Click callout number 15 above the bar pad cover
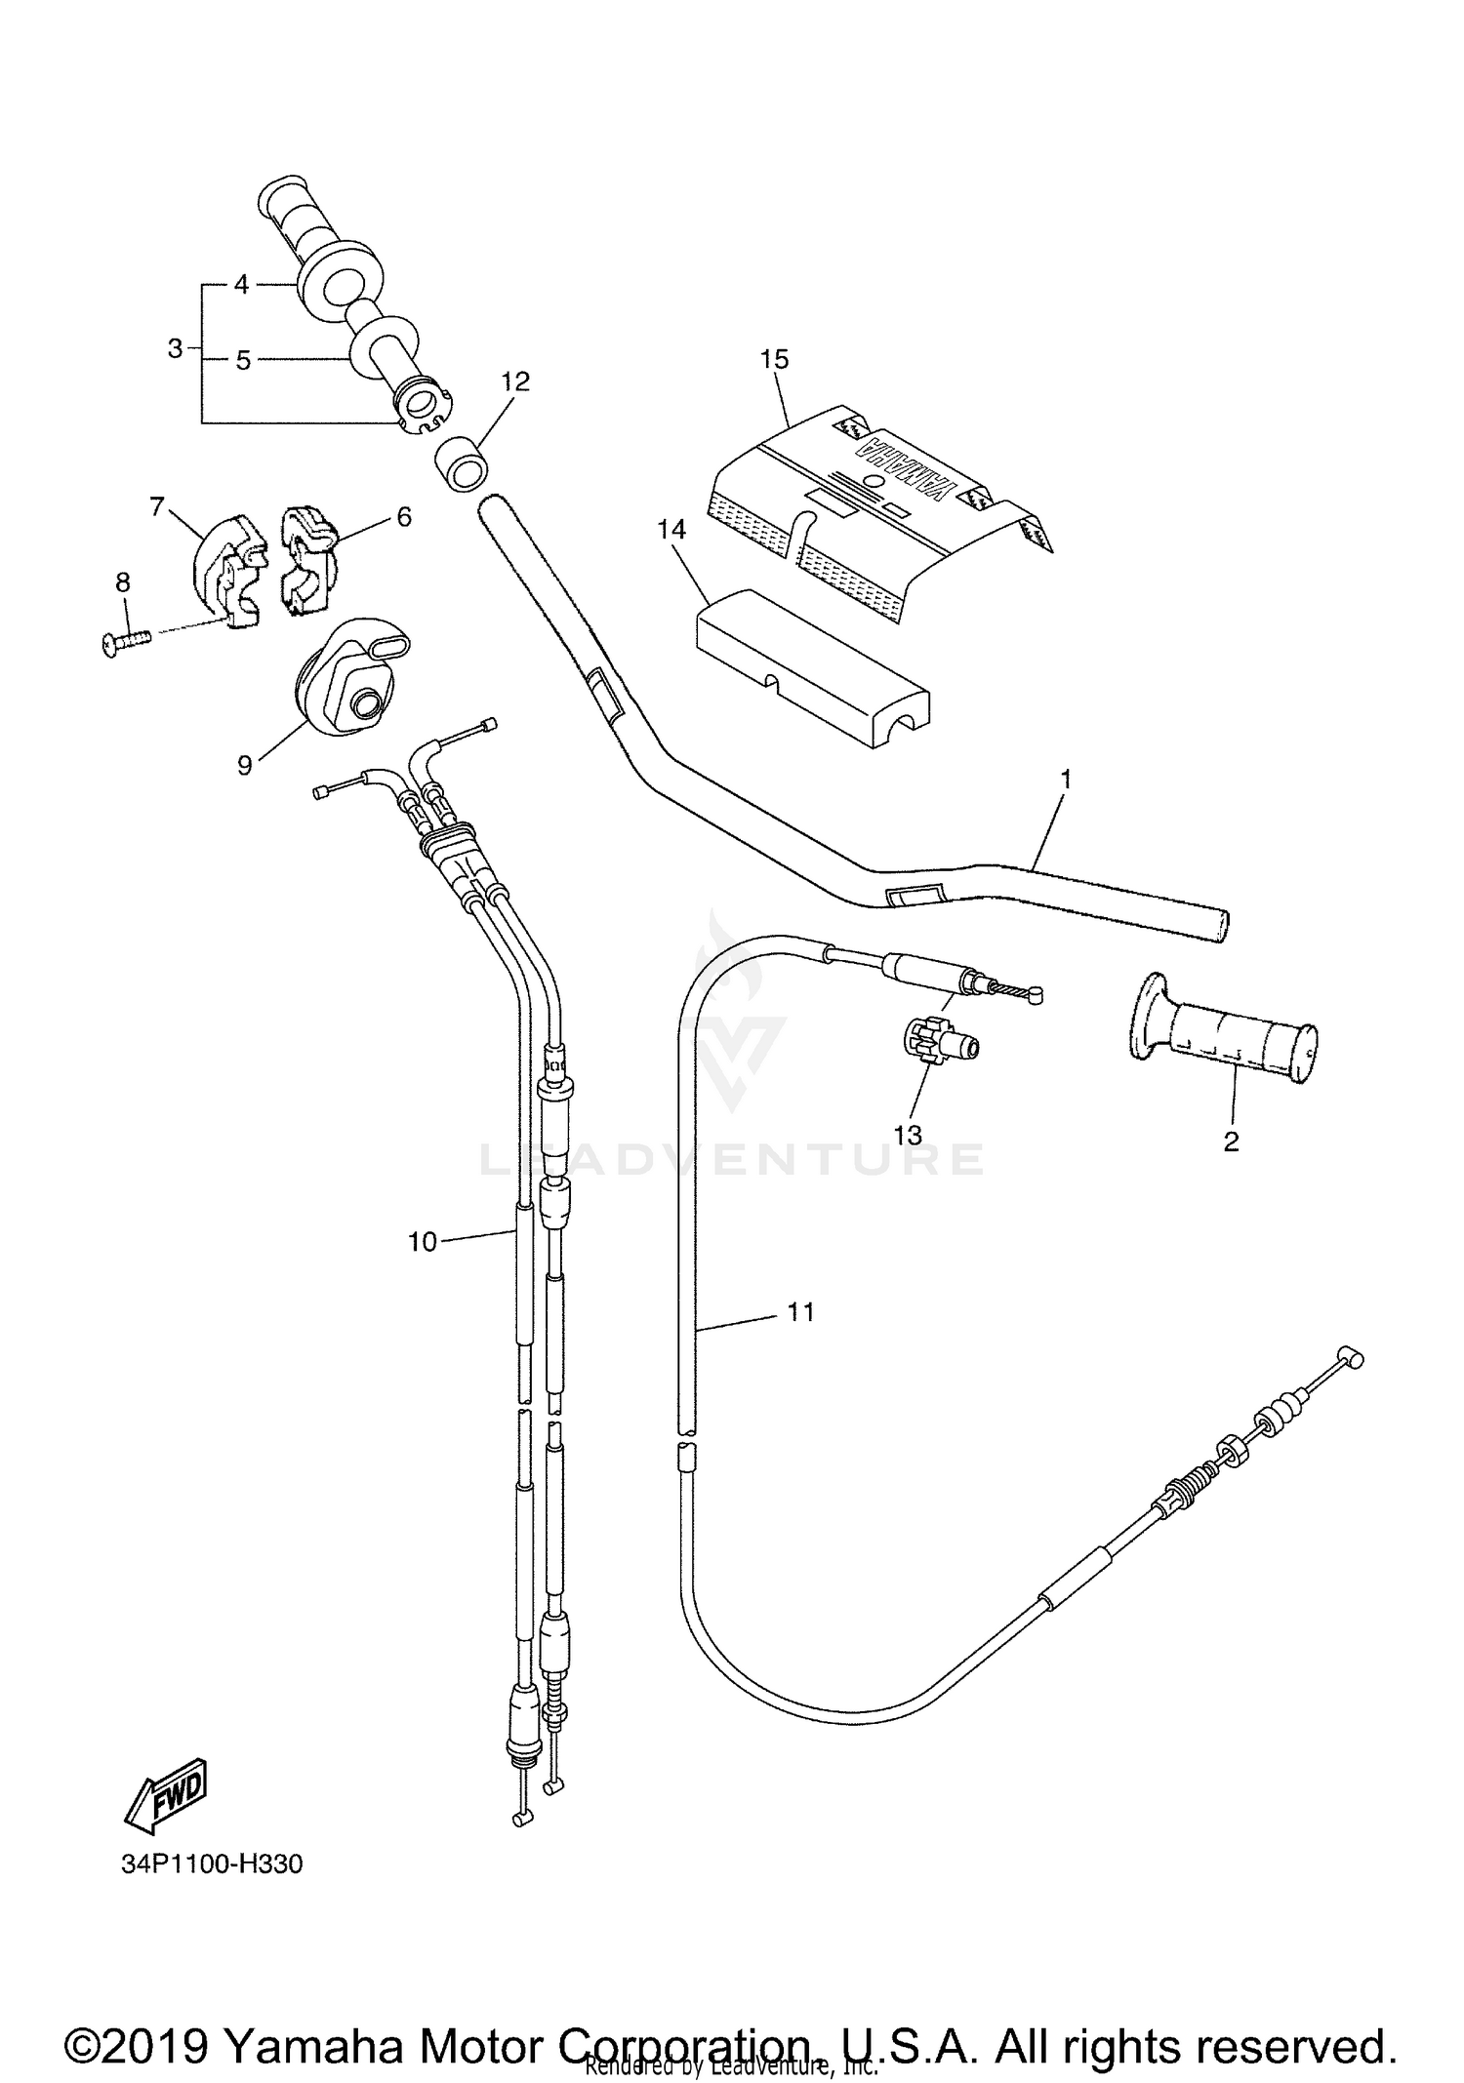pos(774,359)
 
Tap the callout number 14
pos(671,530)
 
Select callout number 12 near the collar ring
pos(515,381)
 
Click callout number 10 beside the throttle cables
pos(423,1242)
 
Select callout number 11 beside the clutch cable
pos(800,1312)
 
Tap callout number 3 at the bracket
pos(175,348)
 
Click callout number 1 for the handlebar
pos(1066,780)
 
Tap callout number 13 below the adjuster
pos(908,1135)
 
